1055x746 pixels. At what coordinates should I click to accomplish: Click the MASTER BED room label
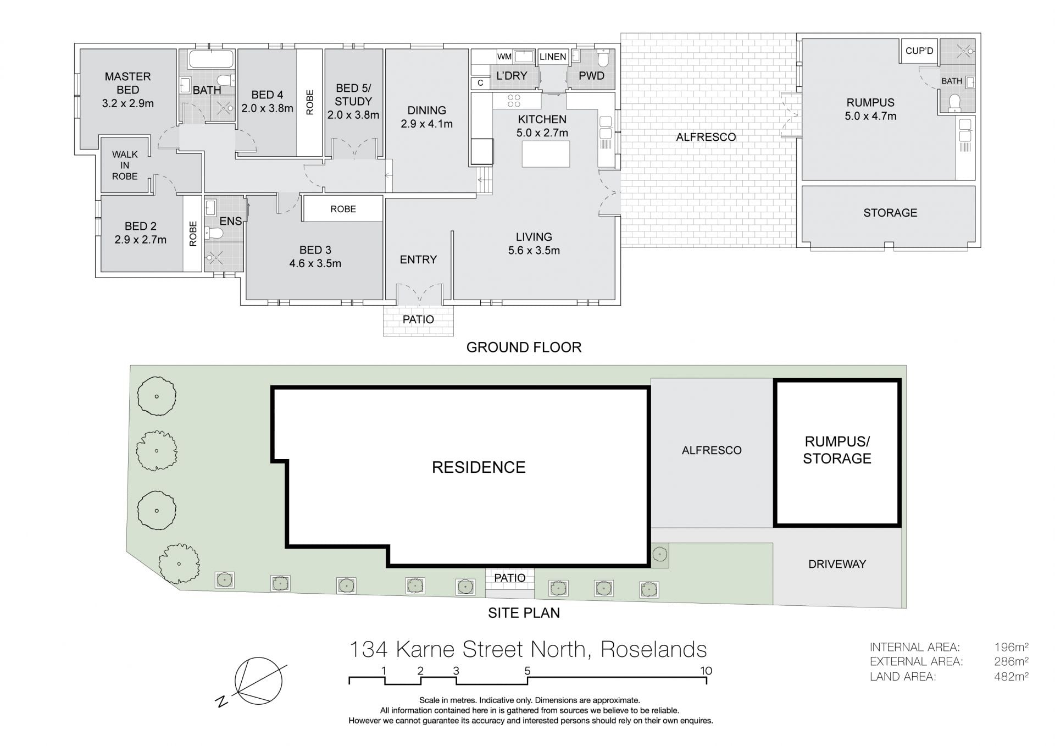pyautogui.click(x=128, y=83)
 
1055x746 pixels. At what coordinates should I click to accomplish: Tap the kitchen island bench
pyautogui.click(x=546, y=154)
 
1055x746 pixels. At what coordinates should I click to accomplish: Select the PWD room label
pyautogui.click(x=591, y=76)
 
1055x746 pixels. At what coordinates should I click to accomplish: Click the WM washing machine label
pyautogui.click(x=504, y=57)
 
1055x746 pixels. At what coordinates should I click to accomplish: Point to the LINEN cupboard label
pyautogui.click(x=552, y=57)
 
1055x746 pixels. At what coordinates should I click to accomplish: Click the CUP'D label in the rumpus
pyautogui.click(x=919, y=51)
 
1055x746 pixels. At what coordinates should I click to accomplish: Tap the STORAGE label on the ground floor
pyautogui.click(x=890, y=213)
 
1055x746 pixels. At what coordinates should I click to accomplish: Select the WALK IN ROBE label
pyautogui.click(x=125, y=165)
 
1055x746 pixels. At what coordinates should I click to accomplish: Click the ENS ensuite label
pyautogui.click(x=230, y=221)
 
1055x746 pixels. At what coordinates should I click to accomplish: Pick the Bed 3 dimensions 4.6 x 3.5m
pyautogui.click(x=315, y=263)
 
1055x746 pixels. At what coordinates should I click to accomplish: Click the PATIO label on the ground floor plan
pyautogui.click(x=418, y=319)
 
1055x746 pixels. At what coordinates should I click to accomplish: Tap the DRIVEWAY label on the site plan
pyautogui.click(x=837, y=564)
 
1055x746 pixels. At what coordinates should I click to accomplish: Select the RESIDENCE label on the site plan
pyautogui.click(x=479, y=467)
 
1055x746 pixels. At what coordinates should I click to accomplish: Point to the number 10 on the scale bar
pyautogui.click(x=706, y=671)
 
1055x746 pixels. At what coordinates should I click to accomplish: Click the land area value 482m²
pyautogui.click(x=1011, y=677)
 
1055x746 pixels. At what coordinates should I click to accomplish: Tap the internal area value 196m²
pyautogui.click(x=1011, y=647)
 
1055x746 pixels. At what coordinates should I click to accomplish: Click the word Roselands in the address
pyautogui.click(x=654, y=649)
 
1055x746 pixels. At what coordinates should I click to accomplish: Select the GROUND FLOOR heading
pyautogui.click(x=524, y=347)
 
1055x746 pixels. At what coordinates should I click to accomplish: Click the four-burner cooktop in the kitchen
pyautogui.click(x=514, y=101)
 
